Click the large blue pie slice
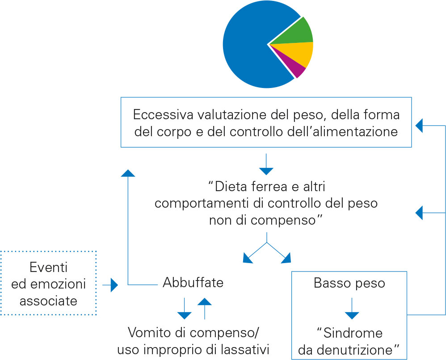[x=250, y=46]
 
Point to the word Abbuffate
[x=193, y=283]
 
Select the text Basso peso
[x=349, y=283]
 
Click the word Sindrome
[x=353, y=333]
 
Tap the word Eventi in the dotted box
[x=48, y=267]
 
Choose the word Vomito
[x=150, y=332]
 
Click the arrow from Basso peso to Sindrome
[x=352, y=309]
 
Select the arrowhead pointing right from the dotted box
[x=114, y=285]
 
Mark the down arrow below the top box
[x=266, y=164]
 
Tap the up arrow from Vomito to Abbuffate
[x=205, y=309]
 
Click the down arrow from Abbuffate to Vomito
[x=184, y=309]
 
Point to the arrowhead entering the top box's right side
[x=419, y=126]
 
